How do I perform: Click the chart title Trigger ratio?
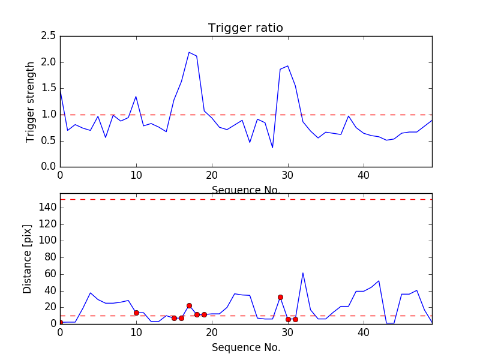245,28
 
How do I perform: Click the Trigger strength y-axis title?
31,101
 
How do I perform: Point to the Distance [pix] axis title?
28,259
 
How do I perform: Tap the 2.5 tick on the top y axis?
49,36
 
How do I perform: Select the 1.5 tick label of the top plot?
49,88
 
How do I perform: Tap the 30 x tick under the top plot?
288,176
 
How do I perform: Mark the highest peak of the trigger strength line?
189,52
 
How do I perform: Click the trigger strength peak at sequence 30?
288,65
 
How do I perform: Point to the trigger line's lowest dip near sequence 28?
272,148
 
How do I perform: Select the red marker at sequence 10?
136,313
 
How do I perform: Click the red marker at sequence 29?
280,297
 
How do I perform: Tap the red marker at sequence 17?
189,305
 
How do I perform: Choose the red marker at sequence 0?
61,322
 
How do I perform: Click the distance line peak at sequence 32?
303,273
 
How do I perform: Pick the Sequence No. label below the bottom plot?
245,347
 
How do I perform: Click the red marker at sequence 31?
295,319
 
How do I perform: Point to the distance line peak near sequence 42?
379,281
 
